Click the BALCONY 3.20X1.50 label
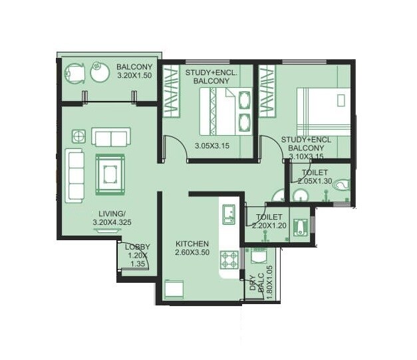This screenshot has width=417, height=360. click(134, 72)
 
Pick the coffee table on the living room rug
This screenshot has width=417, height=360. click(110, 174)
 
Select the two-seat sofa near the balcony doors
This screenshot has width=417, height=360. click(110, 138)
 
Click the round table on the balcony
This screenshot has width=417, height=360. click(100, 71)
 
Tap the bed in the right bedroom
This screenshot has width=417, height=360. click(323, 110)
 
